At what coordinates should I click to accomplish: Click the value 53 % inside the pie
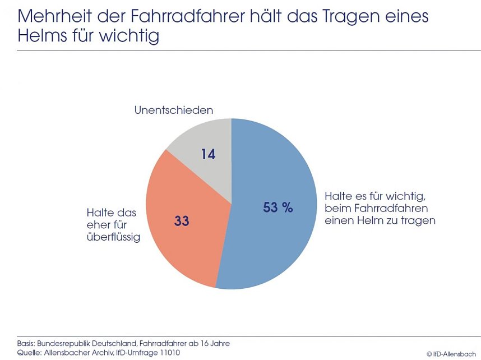[278, 207]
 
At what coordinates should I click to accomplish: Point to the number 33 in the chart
[182, 221]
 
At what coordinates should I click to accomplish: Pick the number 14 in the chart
[208, 154]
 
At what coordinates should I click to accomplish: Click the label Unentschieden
[173, 110]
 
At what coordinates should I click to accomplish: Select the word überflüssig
[113, 238]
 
